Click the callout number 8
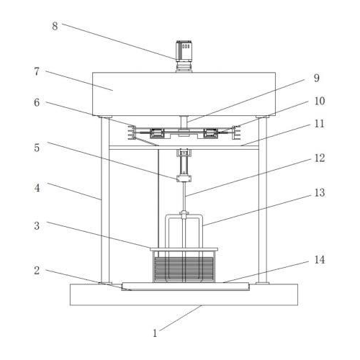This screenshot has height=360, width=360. [x=55, y=26]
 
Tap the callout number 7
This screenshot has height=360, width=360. [x=37, y=71]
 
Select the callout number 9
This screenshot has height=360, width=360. [x=317, y=78]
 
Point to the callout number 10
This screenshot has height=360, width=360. [x=320, y=101]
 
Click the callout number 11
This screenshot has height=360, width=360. [x=319, y=124]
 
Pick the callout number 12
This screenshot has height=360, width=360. [x=320, y=158]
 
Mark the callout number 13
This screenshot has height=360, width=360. [x=320, y=192]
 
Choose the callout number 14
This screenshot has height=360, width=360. [x=320, y=260]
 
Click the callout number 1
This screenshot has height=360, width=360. [x=155, y=333]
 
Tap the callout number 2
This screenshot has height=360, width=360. [x=37, y=271]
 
